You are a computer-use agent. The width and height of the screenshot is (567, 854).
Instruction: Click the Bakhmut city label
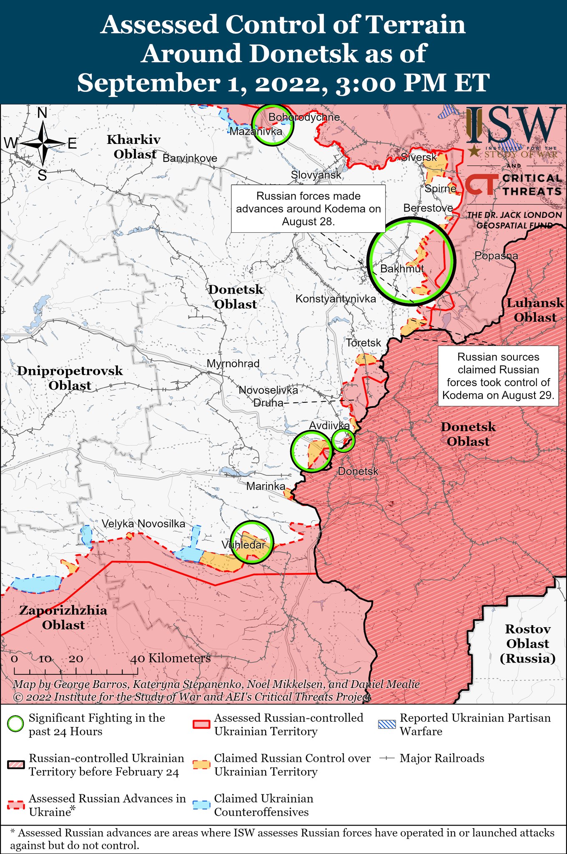[402, 269]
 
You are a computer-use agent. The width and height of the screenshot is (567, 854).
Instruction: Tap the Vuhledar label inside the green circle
[243, 545]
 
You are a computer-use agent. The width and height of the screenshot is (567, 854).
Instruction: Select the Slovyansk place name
[316, 175]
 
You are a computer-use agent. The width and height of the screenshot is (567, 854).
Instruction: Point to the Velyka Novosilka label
[143, 524]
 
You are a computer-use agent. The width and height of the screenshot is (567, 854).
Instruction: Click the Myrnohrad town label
[233, 364]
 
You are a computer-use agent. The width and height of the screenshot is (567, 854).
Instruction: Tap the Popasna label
[496, 256]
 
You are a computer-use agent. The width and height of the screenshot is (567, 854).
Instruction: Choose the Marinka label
[266, 486]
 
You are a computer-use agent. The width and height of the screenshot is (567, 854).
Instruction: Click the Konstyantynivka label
[336, 299]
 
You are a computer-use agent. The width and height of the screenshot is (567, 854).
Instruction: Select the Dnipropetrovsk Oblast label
[70, 378]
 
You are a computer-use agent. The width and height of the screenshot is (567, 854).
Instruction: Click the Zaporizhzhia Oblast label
[63, 618]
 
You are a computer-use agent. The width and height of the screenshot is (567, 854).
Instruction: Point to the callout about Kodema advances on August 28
[308, 208]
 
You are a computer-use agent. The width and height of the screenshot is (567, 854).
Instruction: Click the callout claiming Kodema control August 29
[498, 376]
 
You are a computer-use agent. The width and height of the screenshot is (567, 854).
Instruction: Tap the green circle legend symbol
[16, 724]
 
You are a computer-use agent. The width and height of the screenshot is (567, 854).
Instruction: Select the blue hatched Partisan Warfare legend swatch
[386, 724]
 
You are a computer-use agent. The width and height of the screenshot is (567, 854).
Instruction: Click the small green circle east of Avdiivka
[343, 440]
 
